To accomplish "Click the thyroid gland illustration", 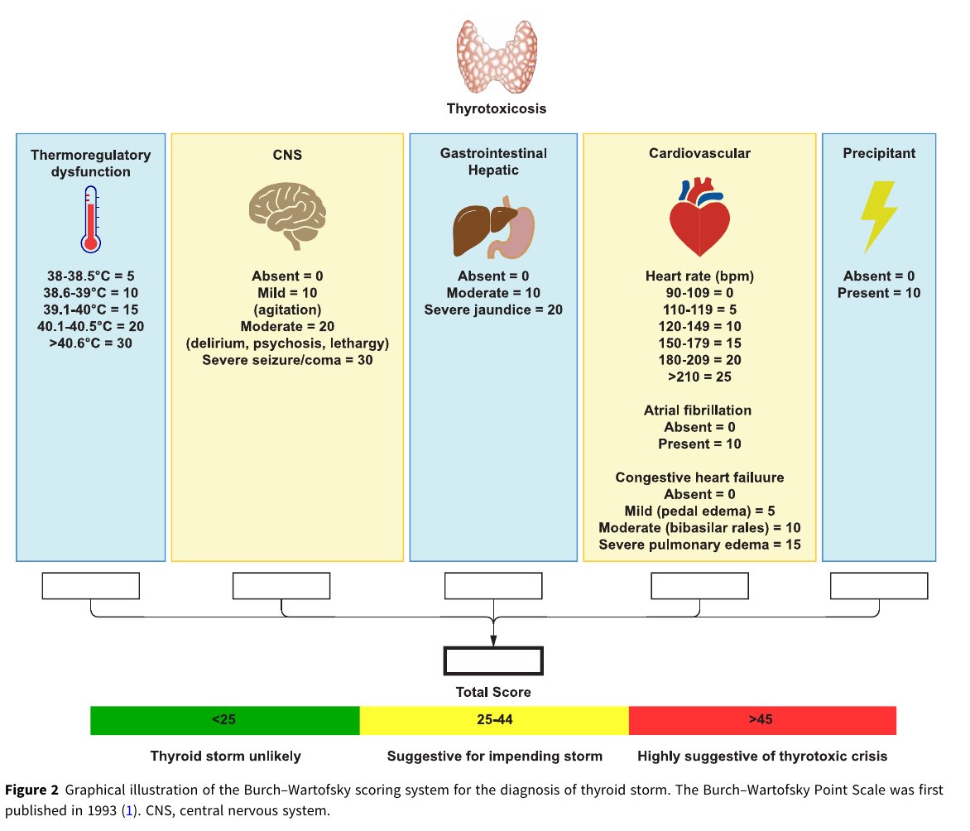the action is [497, 56].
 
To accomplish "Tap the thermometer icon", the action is [91, 219].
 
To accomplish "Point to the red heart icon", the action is [699, 217].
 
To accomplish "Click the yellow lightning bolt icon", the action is [879, 217].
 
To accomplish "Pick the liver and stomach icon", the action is [493, 227].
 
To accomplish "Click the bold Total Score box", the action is [493, 660].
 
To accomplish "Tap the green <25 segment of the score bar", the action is [225, 720].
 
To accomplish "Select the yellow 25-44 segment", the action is [494, 720].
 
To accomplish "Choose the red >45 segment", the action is [763, 720].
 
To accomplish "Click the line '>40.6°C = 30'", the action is [91, 343].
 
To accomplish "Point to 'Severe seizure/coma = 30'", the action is [288, 360].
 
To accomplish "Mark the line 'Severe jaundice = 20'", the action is [493, 310].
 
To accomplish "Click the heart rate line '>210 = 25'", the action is [699, 377].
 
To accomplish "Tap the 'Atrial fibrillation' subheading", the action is [698, 411].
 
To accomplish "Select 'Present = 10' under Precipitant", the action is [879, 293].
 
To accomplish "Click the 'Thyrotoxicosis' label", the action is [497, 109].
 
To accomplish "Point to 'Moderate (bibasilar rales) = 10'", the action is [699, 528].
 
